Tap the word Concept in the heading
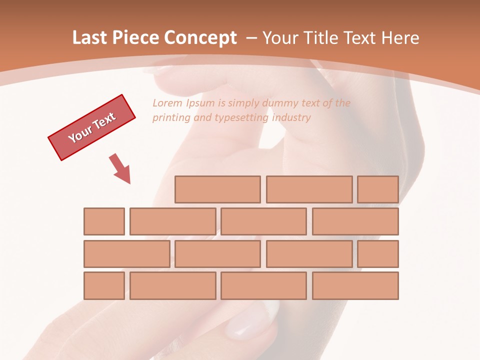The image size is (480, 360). [x=201, y=38]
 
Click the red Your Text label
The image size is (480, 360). [x=92, y=127]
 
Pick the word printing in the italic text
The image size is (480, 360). [x=170, y=118]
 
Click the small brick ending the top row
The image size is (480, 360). [x=378, y=189]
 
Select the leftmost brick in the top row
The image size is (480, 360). [x=217, y=189]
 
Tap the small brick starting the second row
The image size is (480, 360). [x=104, y=221]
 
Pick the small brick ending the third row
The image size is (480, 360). [x=378, y=254]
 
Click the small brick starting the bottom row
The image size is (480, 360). [x=104, y=286]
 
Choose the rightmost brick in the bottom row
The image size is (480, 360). [x=355, y=286]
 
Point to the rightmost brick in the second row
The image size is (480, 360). [x=355, y=221]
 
